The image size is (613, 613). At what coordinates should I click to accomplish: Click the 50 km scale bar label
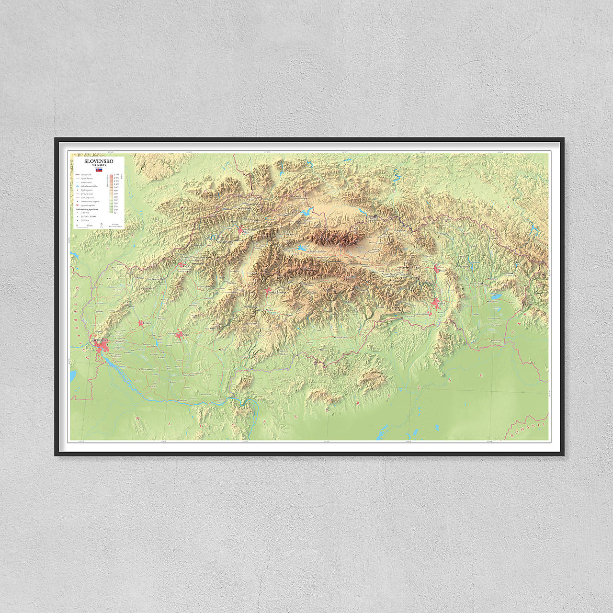[89, 225]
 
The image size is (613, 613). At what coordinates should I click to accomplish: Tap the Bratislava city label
[100, 340]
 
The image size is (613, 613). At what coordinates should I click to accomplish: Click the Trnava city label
[146, 323]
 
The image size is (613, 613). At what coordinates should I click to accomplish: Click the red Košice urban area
[437, 304]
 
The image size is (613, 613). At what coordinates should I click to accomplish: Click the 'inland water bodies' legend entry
[89, 186]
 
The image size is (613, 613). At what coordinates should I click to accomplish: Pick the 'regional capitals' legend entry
[88, 205]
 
